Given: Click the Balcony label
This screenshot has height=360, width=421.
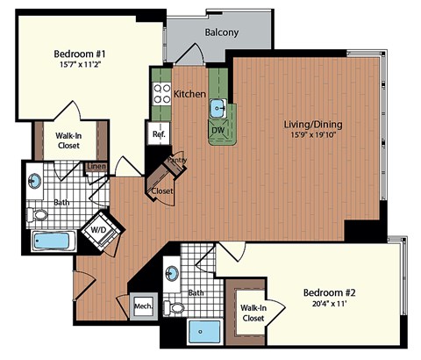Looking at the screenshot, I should [x=224, y=32].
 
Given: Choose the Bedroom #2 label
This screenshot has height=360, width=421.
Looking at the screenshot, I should [x=330, y=292].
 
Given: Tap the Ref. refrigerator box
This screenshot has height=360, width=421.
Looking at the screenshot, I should [x=159, y=134].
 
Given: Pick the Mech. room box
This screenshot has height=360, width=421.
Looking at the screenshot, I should [x=143, y=306].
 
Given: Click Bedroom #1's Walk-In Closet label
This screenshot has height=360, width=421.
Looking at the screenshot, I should [x=67, y=140].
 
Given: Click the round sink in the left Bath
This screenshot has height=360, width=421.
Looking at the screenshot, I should [x=36, y=182].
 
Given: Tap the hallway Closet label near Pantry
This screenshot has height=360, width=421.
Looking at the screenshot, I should [x=161, y=191].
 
